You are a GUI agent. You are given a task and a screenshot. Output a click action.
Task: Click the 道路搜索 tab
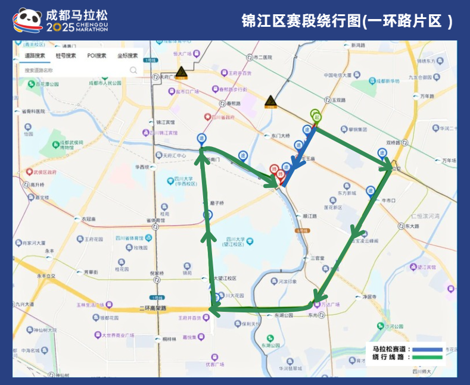[35, 56]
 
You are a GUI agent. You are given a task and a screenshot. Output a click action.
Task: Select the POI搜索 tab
[97, 56]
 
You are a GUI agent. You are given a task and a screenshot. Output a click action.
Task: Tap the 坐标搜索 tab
[127, 56]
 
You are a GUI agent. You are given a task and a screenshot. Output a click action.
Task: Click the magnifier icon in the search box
[133, 70]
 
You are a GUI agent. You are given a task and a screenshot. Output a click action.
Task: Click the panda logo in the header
[28, 20]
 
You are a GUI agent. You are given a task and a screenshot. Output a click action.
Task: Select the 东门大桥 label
[279, 135]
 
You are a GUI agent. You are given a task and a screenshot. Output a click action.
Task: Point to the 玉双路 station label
[339, 100]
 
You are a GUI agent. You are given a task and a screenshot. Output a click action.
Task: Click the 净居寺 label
[369, 296]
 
